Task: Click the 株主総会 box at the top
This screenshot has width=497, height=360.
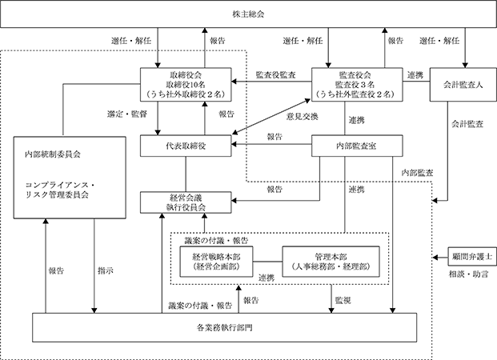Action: (248, 14)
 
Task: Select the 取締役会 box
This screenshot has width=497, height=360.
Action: (186, 84)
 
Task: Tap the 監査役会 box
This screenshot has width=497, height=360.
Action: (357, 84)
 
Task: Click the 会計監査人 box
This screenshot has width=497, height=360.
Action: (463, 84)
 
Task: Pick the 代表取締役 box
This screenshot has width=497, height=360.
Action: (186, 146)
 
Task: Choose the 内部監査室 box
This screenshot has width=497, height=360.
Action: (357, 146)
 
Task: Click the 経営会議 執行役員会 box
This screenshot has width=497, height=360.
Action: (186, 202)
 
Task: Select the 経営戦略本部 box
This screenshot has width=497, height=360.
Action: (216, 262)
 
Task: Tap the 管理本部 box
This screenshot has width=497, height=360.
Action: (331, 262)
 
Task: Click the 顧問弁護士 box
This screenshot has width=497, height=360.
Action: (472, 257)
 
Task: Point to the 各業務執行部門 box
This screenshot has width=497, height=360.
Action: (224, 328)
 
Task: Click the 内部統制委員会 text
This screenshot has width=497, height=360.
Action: (53, 154)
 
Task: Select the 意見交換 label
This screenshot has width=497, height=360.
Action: (302, 117)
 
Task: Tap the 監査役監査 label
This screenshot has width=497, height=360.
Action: (276, 74)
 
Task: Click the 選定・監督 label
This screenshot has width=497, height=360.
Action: (127, 114)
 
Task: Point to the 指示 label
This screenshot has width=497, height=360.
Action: (106, 270)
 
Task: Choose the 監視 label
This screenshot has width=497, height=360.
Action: (343, 300)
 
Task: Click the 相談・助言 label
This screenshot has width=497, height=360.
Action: (468, 274)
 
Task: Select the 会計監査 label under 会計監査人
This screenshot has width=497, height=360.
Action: (467, 124)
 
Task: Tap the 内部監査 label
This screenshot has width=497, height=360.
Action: (417, 173)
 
